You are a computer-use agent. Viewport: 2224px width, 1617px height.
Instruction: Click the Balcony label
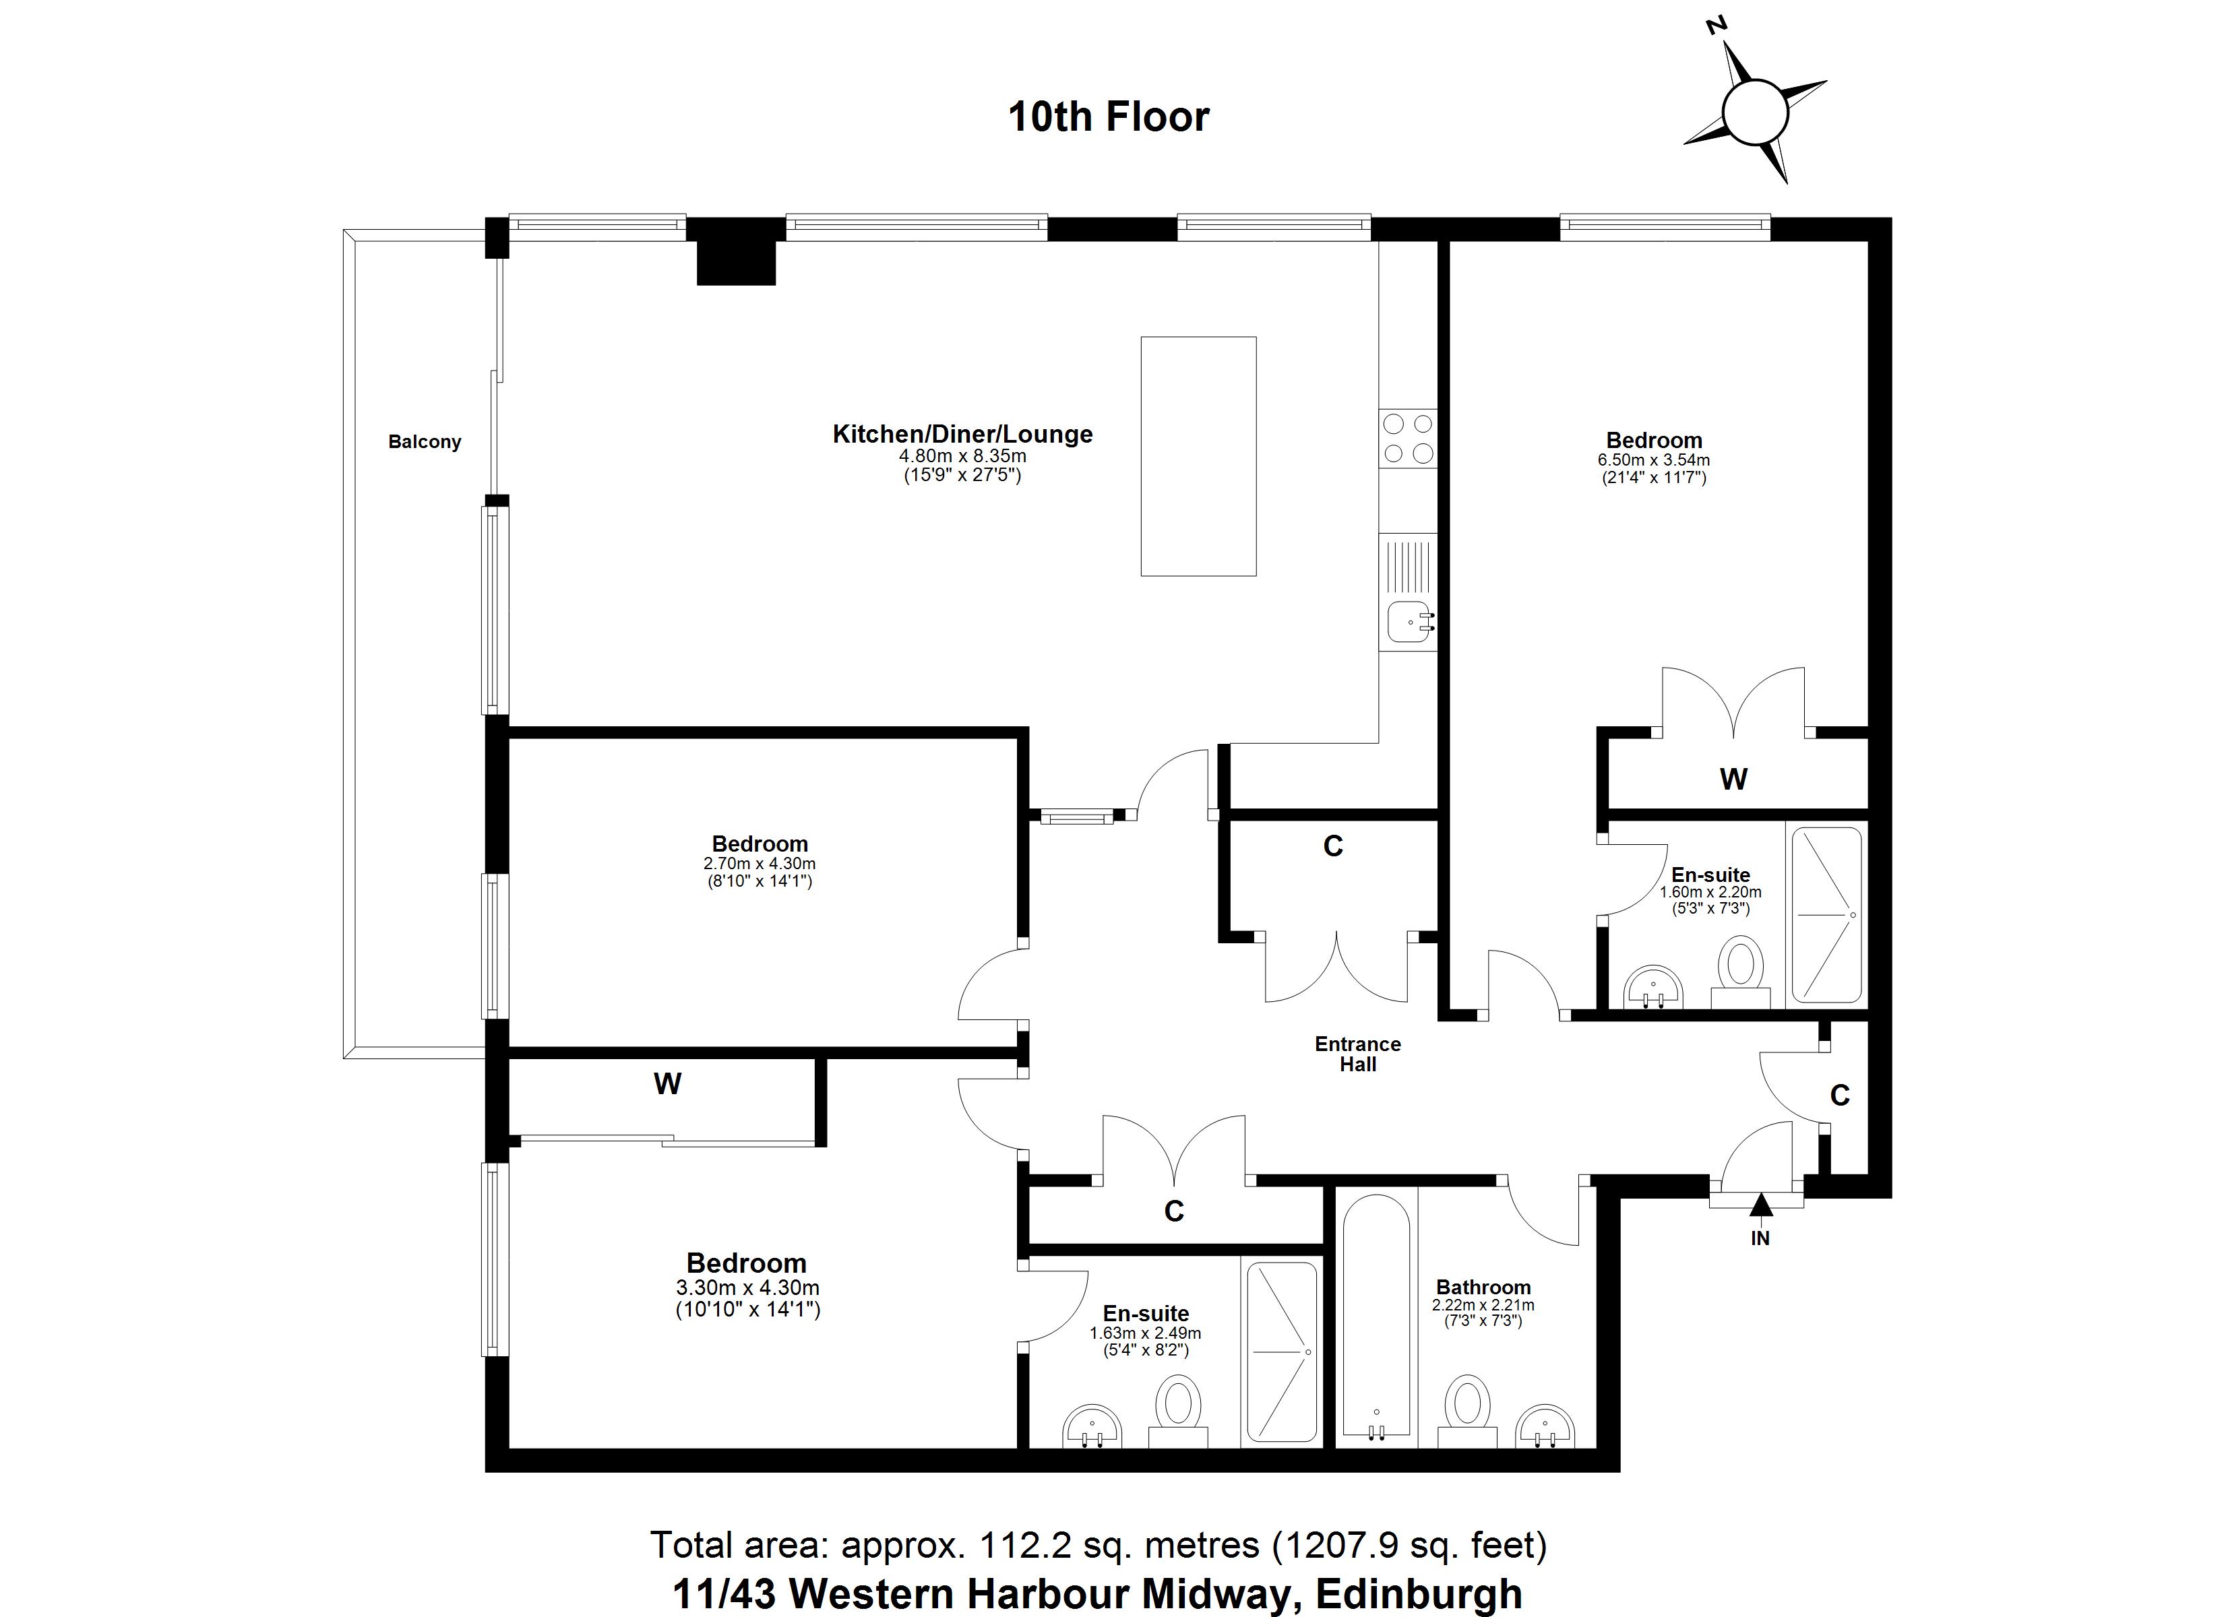point(424,442)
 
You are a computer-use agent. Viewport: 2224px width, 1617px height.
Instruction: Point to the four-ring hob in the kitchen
point(1408,439)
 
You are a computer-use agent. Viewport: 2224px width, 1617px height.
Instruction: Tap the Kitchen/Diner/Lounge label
point(962,435)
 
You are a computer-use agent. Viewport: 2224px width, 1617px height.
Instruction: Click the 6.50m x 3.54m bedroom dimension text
point(1653,460)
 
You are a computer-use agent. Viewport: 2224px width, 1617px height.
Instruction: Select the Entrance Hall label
point(1357,1054)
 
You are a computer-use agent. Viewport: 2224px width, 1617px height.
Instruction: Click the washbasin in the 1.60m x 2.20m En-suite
point(1653,988)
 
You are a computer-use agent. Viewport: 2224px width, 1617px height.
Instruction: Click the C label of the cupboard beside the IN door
point(1840,1096)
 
